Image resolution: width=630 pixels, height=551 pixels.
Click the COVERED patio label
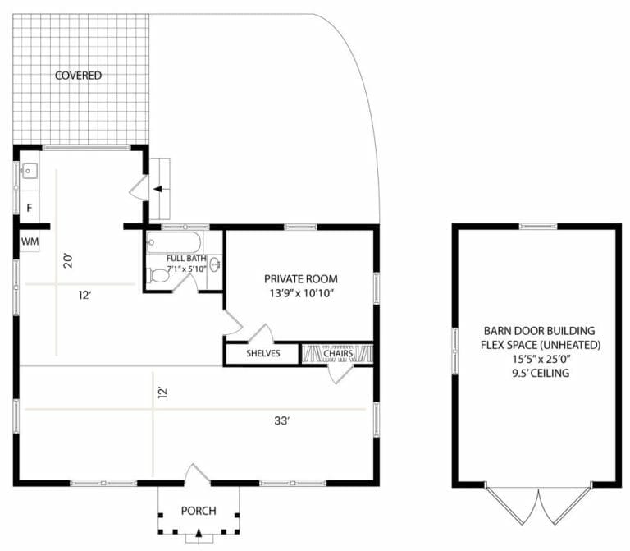pos(79,76)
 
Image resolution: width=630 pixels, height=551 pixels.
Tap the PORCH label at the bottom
pos(198,511)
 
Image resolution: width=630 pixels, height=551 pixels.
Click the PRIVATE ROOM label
pos(300,278)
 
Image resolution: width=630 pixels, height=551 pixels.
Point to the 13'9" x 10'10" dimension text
pos(300,293)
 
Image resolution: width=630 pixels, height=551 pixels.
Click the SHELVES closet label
pos(263,354)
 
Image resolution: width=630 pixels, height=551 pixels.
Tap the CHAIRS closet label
pos(338,354)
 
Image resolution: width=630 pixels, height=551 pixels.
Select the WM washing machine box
pos(30,241)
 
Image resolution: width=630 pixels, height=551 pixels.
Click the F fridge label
pos(29,207)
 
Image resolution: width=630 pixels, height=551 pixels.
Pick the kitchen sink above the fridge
pos(29,172)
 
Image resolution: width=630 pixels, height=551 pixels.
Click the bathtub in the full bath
pos(172,242)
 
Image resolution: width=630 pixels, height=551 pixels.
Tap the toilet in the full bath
pos(158,278)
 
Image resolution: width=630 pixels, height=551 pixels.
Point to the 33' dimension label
pos(282,421)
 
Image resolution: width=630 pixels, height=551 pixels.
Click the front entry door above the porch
pos(198,475)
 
